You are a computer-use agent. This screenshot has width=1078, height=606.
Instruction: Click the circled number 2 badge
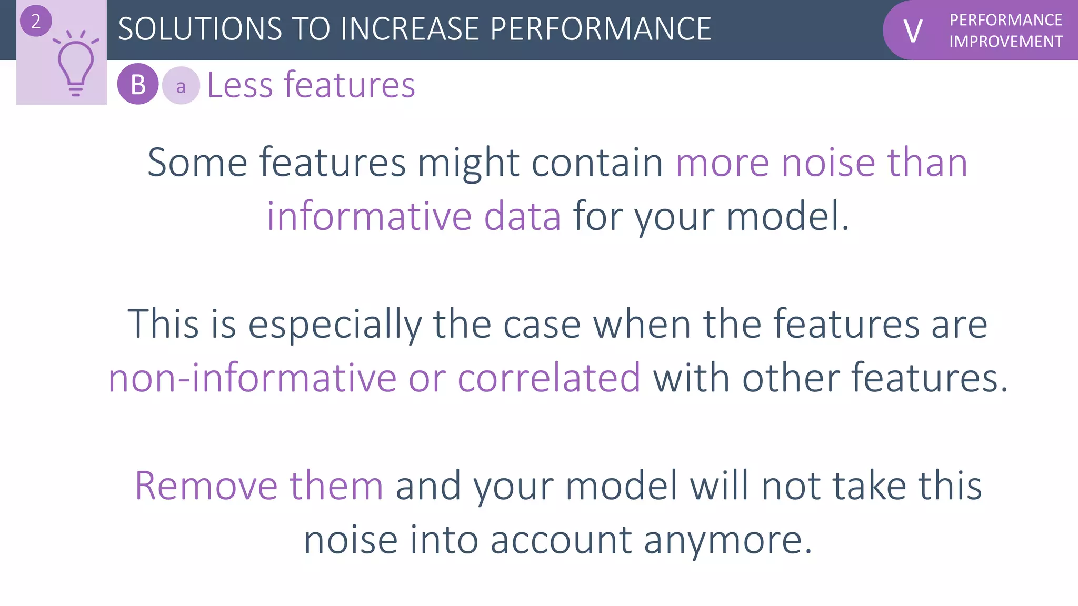point(36,22)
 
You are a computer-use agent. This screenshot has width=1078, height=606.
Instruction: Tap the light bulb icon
point(76,63)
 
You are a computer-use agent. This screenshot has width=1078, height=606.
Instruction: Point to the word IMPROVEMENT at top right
point(1005,42)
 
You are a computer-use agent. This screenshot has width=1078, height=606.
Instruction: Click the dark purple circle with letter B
point(138,84)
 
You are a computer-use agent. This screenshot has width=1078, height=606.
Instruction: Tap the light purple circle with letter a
point(181,86)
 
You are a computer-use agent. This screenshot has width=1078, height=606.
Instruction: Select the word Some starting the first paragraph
point(197,163)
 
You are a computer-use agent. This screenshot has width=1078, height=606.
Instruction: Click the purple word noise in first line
point(828,163)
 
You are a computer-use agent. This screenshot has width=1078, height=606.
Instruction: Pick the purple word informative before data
point(369,216)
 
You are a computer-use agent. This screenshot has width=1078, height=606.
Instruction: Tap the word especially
point(335,325)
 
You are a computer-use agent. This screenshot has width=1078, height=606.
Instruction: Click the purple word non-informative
point(252,378)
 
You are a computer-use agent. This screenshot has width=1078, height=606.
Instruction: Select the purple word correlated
point(549,378)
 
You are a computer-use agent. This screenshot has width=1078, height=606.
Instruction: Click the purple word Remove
point(206,486)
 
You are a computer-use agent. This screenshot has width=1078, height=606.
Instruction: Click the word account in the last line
point(561,540)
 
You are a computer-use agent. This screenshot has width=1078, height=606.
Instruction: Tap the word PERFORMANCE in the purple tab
point(1005,20)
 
